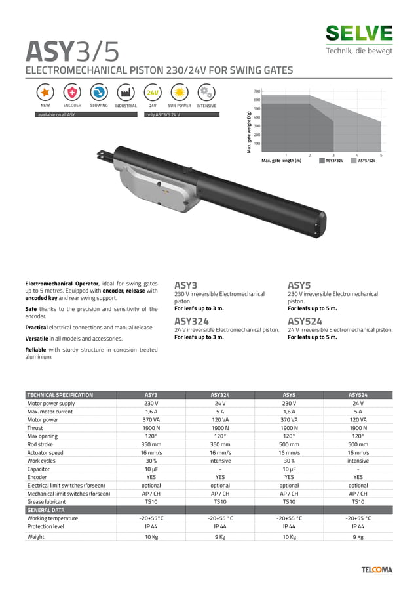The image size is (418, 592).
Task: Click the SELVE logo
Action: point(359,33)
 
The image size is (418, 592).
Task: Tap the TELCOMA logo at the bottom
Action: point(377,570)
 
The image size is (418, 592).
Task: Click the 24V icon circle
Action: point(153,93)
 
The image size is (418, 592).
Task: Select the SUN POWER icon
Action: point(179,93)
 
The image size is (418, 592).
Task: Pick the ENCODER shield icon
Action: point(72,93)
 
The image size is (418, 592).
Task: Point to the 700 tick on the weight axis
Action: point(257,91)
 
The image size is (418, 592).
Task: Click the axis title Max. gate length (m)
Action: point(281,160)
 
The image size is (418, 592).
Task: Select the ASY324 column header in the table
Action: point(219,395)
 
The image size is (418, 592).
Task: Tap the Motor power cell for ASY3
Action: point(151,419)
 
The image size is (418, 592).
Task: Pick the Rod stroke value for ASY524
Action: point(358,444)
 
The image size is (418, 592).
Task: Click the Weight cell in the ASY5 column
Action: point(289,537)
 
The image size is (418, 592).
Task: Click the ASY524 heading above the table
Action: point(305,321)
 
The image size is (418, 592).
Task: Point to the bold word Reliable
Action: point(36,350)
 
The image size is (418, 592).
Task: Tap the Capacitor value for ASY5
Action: point(289,469)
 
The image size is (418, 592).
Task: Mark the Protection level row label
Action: point(46,526)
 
